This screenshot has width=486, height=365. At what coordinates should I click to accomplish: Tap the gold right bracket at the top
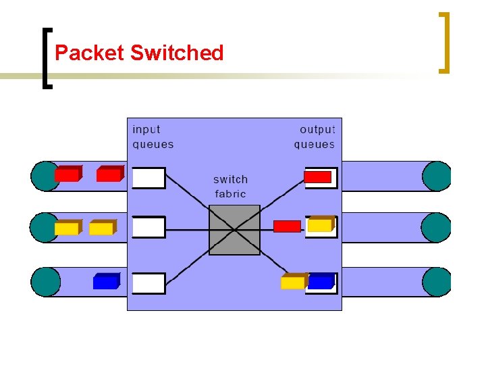[x=443, y=42]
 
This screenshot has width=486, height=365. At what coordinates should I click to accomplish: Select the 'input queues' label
[x=153, y=137]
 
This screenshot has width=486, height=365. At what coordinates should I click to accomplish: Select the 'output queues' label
[x=315, y=137]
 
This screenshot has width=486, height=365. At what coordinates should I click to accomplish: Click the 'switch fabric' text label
[x=231, y=187]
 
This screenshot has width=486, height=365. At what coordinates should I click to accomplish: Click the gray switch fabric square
[x=234, y=230]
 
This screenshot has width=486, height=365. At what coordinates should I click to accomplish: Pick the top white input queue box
[x=148, y=178]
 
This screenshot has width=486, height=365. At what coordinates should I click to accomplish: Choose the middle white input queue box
[x=148, y=228]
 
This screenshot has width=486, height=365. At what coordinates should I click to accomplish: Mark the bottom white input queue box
[x=148, y=283]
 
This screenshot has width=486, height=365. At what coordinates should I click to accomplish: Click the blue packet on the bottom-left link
[x=106, y=281]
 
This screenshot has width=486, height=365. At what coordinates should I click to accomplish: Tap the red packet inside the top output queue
[x=318, y=177]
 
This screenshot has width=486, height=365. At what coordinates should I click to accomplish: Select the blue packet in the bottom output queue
[x=321, y=281]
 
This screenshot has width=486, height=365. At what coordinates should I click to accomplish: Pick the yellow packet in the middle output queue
[x=321, y=224]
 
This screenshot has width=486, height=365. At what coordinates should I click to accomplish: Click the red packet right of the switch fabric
[x=287, y=226]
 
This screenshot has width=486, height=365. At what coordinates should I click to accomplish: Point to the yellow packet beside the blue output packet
[x=293, y=281]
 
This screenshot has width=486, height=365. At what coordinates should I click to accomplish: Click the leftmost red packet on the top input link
[x=67, y=174]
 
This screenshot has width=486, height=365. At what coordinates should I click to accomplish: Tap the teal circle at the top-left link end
[x=45, y=176]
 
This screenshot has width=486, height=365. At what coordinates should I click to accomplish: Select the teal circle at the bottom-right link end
[x=437, y=282]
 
